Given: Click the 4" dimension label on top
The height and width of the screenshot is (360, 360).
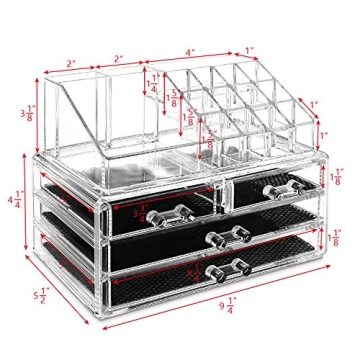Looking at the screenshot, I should coord(190,52).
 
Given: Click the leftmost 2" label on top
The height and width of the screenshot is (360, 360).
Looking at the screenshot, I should coord(72,64).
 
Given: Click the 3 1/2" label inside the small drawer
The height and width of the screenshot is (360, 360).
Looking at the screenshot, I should coord(141,211).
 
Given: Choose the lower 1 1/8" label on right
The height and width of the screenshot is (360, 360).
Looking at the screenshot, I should coord(336,238).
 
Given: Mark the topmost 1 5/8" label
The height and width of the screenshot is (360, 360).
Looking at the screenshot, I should coord(175,98).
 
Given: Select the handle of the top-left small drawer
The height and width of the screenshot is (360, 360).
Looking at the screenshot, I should coord(176,211).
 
